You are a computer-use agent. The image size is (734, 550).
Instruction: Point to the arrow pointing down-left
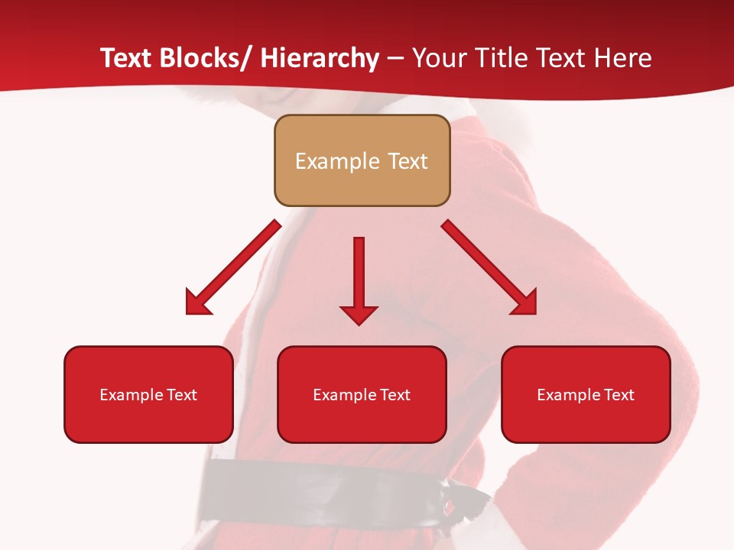click(x=233, y=267)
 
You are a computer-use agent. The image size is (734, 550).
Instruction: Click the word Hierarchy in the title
click(x=320, y=58)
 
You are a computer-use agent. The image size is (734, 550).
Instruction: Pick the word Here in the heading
click(x=623, y=58)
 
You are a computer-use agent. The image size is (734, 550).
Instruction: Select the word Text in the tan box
click(x=407, y=161)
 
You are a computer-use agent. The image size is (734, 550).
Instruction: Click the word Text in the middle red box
click(x=395, y=395)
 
